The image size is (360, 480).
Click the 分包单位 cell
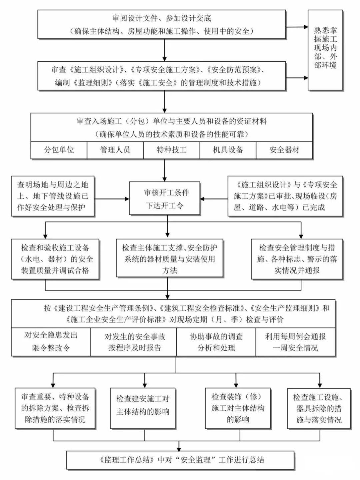[x=59, y=150]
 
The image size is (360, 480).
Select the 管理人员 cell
[x=115, y=150]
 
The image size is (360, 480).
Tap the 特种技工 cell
[x=171, y=150]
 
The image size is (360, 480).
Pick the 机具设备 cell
[x=228, y=150]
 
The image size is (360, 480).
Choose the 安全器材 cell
[x=284, y=150]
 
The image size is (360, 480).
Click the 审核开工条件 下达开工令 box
[x=165, y=198]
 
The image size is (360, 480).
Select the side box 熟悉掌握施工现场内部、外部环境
[x=325, y=50]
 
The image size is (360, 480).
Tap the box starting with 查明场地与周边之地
[x=53, y=196]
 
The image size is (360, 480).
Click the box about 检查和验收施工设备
[x=55, y=259]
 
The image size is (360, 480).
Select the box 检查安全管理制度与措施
[x=297, y=259]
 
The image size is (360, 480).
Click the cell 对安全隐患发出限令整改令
[x=51, y=342]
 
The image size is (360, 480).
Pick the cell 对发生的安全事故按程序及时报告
[x=134, y=342]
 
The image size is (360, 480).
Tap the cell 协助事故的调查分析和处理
[x=216, y=342]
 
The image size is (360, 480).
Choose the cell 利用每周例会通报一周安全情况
[x=295, y=342]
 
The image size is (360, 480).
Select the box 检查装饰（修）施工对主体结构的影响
[x=238, y=408]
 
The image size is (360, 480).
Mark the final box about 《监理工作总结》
[x=180, y=460]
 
